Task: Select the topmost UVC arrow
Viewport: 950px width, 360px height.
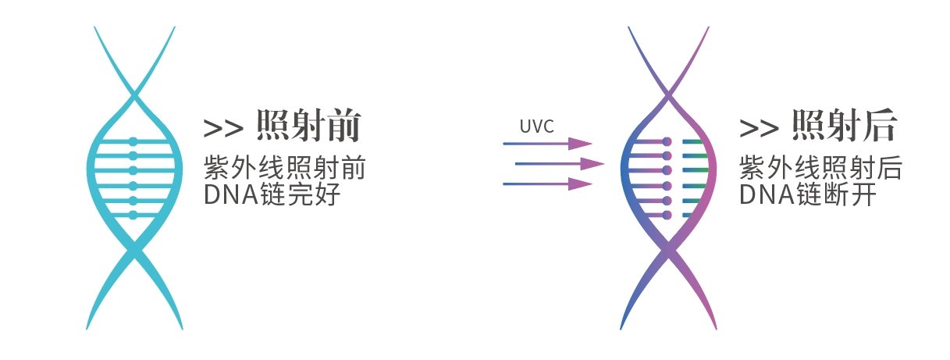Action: click(546, 144)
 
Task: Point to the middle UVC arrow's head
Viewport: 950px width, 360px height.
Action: click(593, 164)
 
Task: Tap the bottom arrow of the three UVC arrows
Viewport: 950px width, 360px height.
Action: click(546, 184)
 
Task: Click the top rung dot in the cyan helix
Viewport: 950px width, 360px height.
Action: click(133, 141)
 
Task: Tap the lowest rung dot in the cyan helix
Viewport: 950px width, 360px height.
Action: click(133, 215)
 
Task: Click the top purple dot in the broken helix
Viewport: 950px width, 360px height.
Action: click(667, 142)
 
